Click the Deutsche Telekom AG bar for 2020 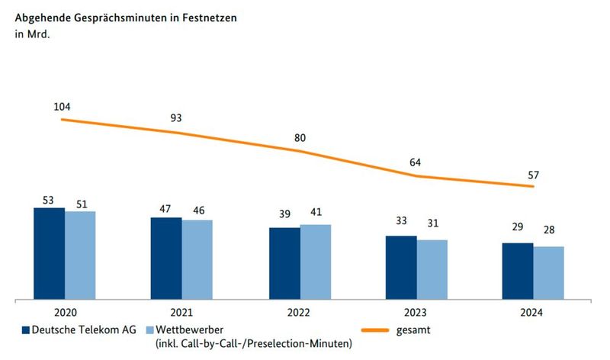(x=49, y=254)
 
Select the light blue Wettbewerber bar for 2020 (x=80, y=256)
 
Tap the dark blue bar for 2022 (x=284, y=263)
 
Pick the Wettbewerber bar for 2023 (x=432, y=270)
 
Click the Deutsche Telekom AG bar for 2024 (x=517, y=272)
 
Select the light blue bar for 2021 (x=197, y=260)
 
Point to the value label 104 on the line (x=62, y=107)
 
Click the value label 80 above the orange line (x=300, y=138)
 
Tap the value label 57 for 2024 (x=534, y=174)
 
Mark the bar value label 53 (x=49, y=200)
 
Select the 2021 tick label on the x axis (x=181, y=312)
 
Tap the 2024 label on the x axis (x=533, y=312)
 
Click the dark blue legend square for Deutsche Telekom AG (x=25, y=330)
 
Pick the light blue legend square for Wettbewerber (x=148, y=330)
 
